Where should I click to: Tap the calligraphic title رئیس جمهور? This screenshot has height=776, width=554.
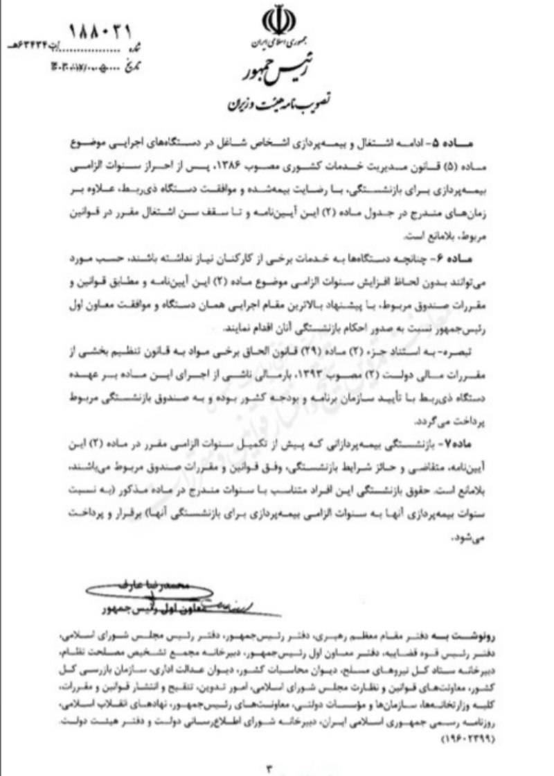point(276,69)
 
